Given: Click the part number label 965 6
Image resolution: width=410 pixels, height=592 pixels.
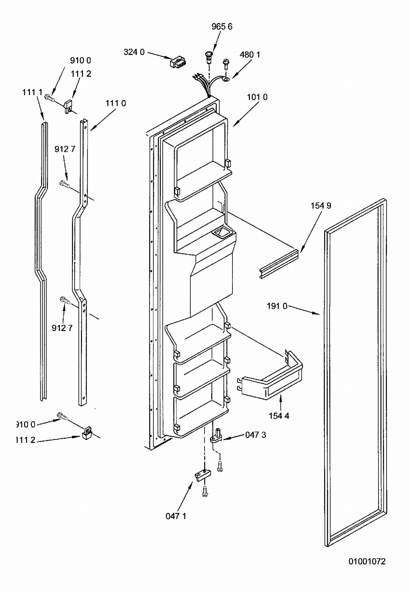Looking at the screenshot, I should [222, 26].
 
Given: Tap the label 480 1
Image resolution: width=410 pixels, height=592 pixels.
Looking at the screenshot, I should [250, 55].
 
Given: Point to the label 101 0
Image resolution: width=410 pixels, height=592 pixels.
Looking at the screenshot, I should [257, 97].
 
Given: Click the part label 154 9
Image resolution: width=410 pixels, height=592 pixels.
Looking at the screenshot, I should [321, 206].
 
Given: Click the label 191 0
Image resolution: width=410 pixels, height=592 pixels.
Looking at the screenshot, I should [277, 306].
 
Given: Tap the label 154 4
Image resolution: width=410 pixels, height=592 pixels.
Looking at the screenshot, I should [279, 416].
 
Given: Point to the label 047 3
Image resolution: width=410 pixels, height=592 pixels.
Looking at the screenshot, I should [255, 435].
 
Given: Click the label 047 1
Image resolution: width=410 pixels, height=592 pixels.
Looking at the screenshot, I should [176, 516].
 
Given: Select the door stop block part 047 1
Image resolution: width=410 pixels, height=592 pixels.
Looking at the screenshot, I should [203, 475].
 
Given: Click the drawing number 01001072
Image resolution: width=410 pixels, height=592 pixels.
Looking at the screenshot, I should [367, 561].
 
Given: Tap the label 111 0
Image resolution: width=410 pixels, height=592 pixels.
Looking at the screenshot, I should [116, 103].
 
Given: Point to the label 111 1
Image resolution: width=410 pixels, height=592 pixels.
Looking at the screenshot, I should [32, 92].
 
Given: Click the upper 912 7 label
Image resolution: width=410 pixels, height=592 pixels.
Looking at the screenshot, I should [65, 149].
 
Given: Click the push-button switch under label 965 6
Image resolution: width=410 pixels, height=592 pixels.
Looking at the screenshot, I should [209, 57].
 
